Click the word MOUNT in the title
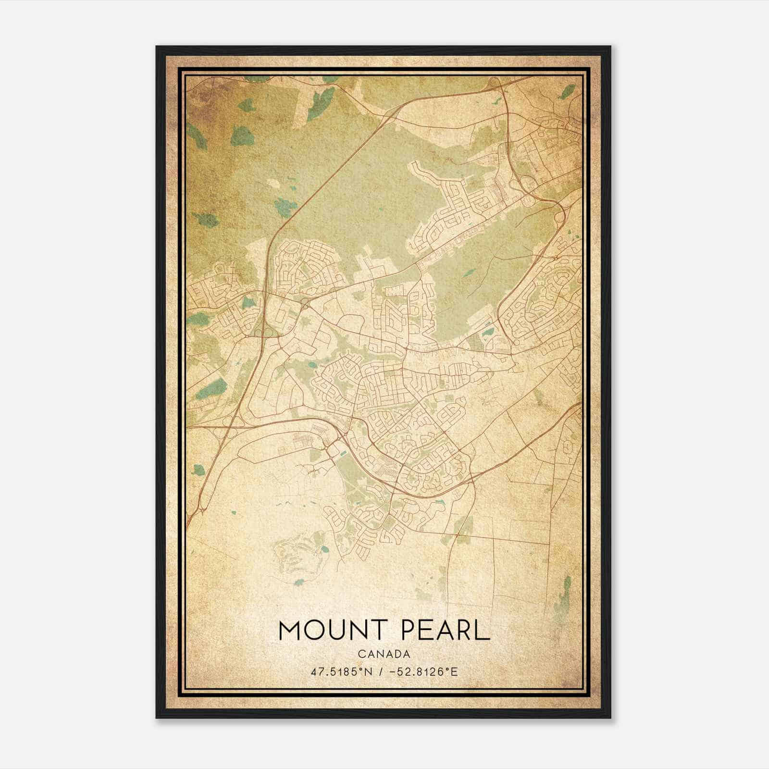click(x=327, y=631)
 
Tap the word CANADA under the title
click(x=384, y=654)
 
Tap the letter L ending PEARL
click(x=484, y=631)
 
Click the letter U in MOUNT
click(x=336, y=631)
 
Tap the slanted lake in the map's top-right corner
click(x=567, y=91)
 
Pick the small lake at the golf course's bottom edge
click(x=299, y=583)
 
